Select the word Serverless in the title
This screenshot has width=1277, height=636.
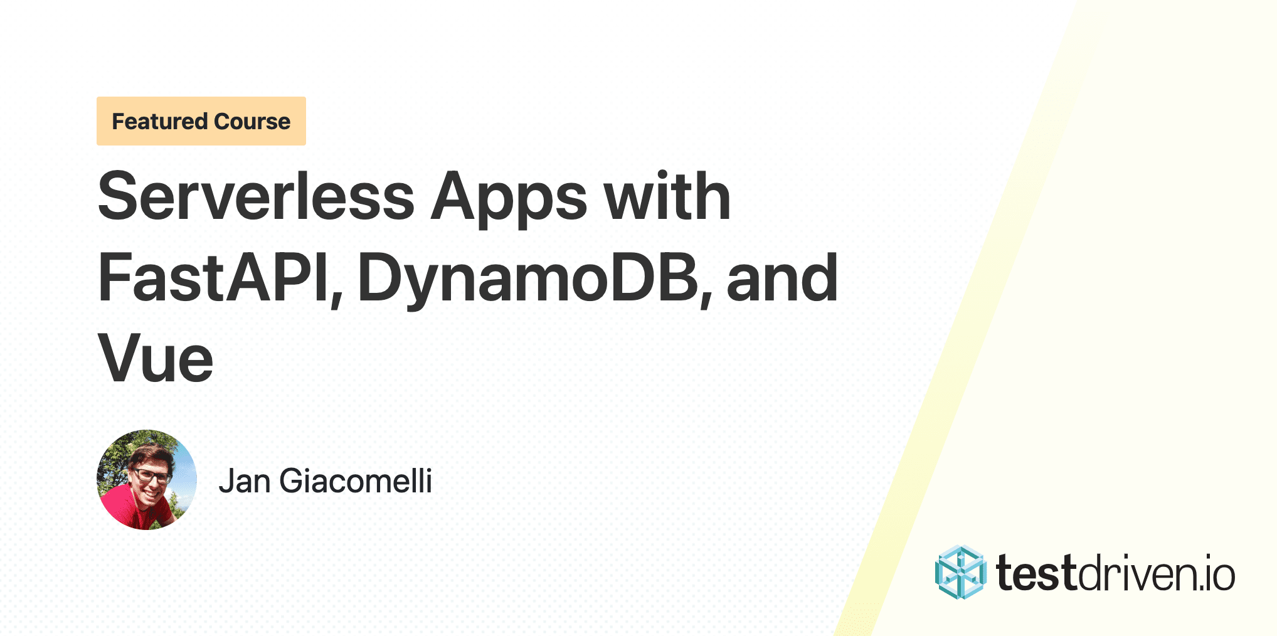coord(256,197)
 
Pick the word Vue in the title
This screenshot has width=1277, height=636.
coord(156,359)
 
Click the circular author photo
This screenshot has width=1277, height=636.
coord(147,480)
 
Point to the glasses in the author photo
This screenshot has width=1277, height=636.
coord(151,475)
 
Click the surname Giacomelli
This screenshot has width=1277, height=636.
coord(356,482)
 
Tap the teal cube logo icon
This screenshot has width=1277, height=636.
coord(960,573)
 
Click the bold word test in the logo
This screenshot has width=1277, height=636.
coord(1036,574)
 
